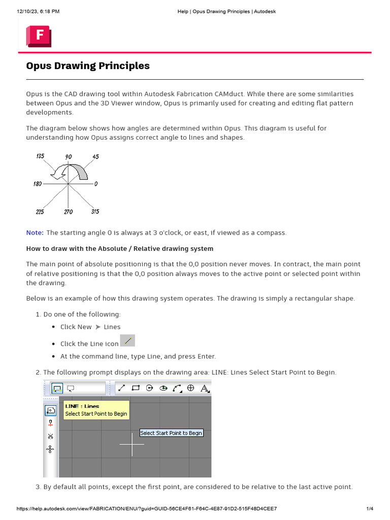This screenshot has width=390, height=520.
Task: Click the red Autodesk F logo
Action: [38, 37]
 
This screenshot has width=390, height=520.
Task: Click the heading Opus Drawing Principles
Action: [88, 66]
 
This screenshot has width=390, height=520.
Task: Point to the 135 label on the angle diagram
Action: [40, 156]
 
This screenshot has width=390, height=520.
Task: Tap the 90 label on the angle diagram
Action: [69, 157]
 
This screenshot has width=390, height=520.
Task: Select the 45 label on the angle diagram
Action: [95, 156]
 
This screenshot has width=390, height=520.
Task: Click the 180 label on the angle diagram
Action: [38, 184]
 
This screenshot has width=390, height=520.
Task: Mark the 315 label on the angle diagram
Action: [95, 211]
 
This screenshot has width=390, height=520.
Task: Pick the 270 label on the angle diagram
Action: [68, 212]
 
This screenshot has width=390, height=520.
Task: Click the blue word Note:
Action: [35, 233]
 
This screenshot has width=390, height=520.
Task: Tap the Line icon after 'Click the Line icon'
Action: [127, 341]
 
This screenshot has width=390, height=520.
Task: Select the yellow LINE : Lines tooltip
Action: [96, 410]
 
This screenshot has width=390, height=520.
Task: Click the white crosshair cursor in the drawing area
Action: [132, 444]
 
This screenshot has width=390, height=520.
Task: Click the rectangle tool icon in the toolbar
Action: [136, 388]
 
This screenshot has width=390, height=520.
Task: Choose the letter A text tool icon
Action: [205, 388]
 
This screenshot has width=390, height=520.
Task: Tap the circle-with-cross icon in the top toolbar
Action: [191, 388]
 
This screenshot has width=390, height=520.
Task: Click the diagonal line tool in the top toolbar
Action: [121, 388]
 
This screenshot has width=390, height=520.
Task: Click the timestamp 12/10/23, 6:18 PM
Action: [38, 11]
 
